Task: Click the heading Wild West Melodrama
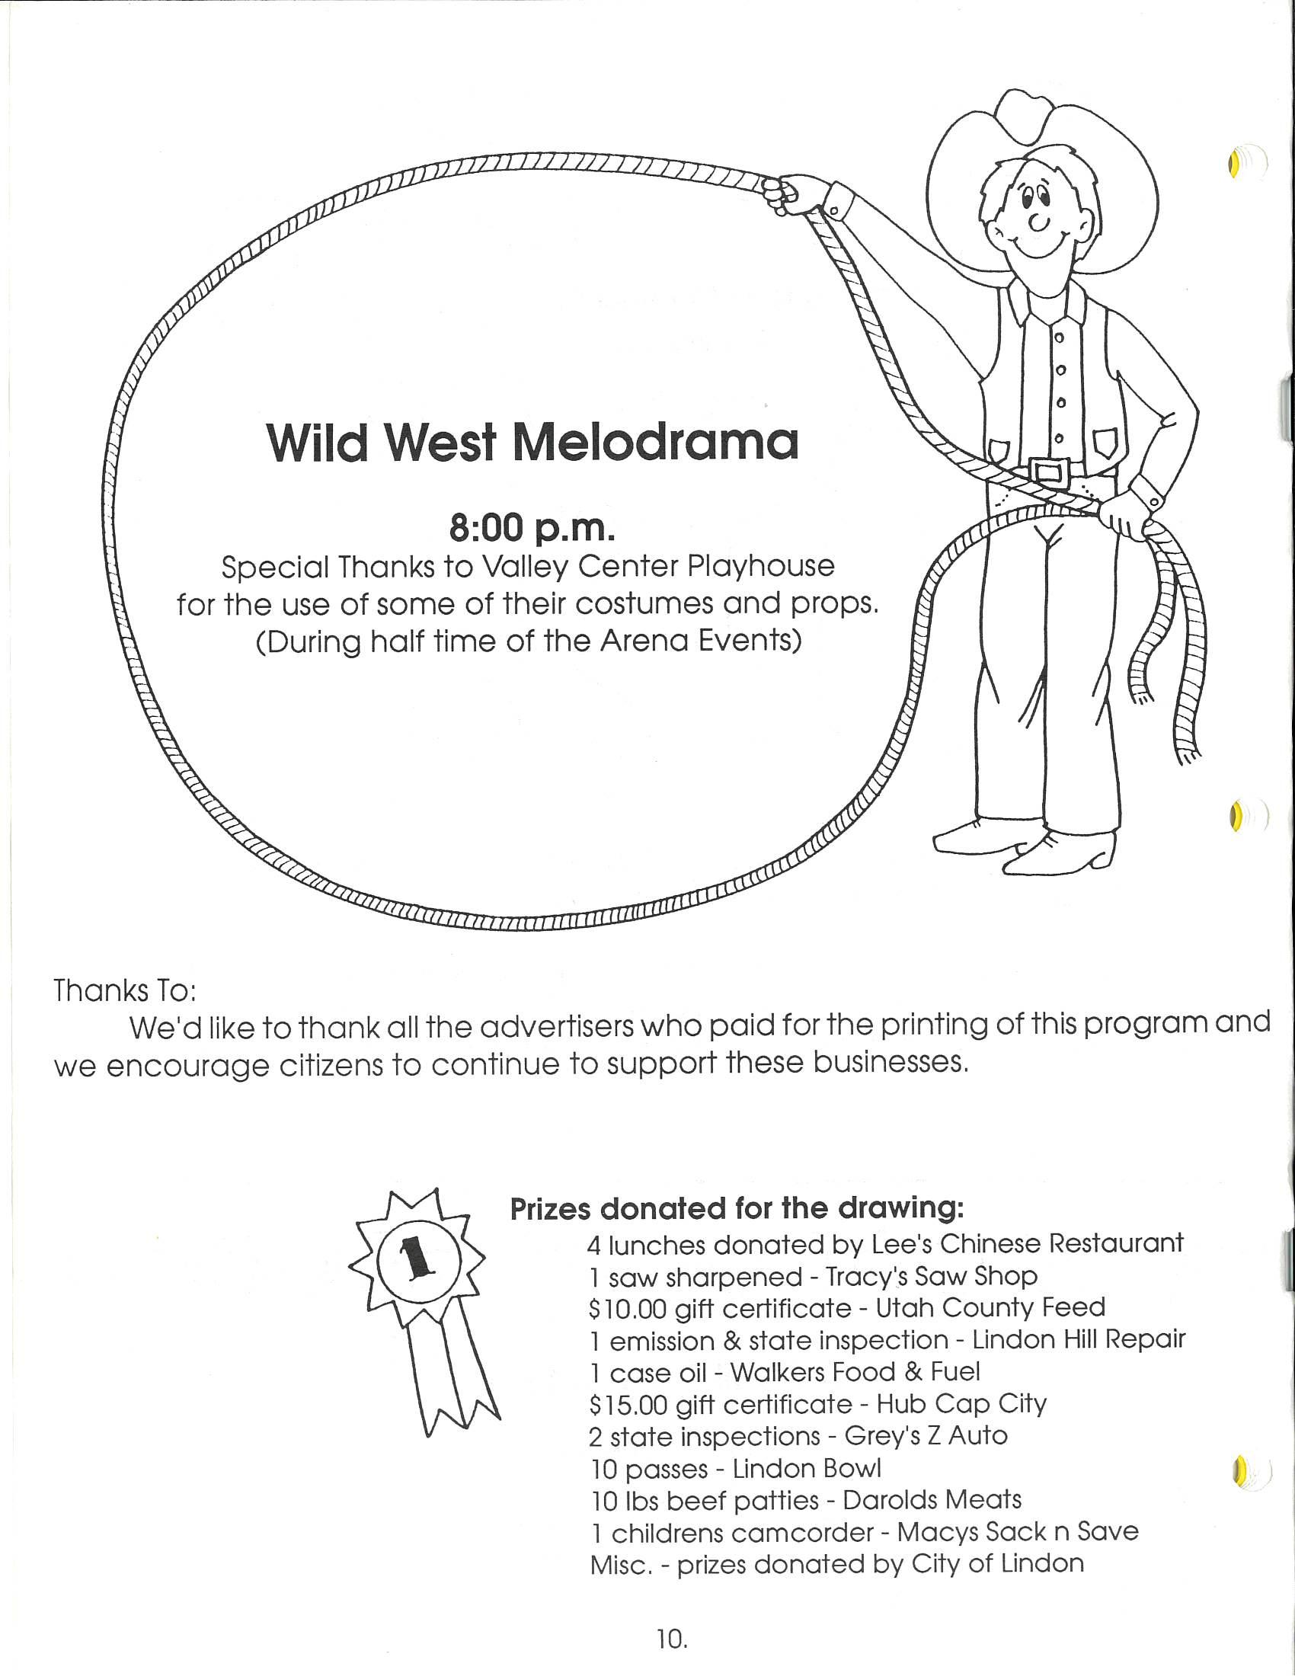click(x=532, y=443)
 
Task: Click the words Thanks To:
click(x=125, y=990)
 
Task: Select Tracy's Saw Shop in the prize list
click(x=931, y=1276)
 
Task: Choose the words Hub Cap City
click(x=961, y=1404)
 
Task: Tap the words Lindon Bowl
click(x=806, y=1469)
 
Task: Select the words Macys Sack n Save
click(x=1017, y=1533)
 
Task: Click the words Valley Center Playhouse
click(x=657, y=566)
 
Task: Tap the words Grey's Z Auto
click(x=926, y=1436)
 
